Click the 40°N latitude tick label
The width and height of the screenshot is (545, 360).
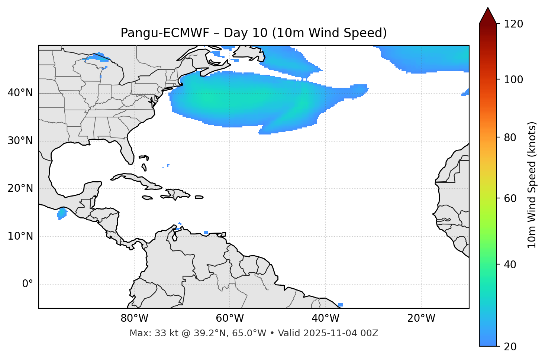(20, 93)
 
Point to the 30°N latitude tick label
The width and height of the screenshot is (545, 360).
(20, 141)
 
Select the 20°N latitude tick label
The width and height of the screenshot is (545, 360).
(20, 188)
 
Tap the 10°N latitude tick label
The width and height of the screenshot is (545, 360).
(20, 236)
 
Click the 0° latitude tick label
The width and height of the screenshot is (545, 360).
(28, 284)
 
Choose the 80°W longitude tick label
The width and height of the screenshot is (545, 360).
(134, 318)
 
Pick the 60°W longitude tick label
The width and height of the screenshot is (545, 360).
(230, 318)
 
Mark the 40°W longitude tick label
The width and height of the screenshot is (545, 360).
(325, 318)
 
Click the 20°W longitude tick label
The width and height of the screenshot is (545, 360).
(421, 318)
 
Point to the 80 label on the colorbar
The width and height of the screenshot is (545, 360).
(512, 137)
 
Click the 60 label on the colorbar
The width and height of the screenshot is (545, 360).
(512, 198)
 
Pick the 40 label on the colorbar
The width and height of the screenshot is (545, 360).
(512, 265)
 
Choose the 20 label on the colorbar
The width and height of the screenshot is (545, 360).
(512, 347)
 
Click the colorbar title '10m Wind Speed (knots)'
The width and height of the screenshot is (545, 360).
(532, 185)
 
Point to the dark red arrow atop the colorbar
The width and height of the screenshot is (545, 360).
(488, 16)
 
